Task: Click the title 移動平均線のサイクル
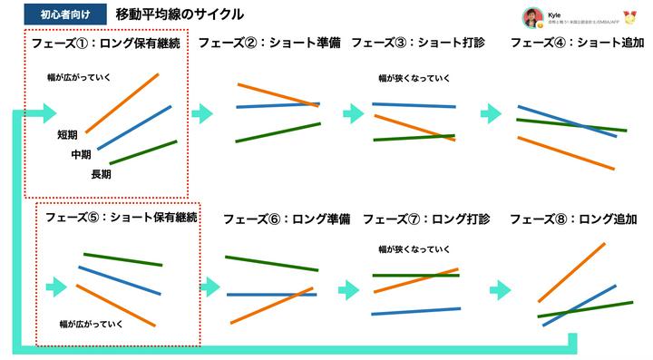pyautogui.click(x=179, y=15)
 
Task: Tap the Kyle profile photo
pyautogui.click(x=531, y=18)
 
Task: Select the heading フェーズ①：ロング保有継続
pyautogui.click(x=106, y=43)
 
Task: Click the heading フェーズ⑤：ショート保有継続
pyautogui.click(x=122, y=219)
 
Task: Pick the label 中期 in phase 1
pyautogui.click(x=82, y=155)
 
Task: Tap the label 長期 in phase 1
pyautogui.click(x=101, y=174)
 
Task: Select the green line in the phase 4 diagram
pyautogui.click(x=571, y=124)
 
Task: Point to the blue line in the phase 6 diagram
pyautogui.click(x=271, y=295)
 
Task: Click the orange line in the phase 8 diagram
pyautogui.click(x=571, y=272)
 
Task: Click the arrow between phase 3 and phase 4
pyautogui.click(x=491, y=113)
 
